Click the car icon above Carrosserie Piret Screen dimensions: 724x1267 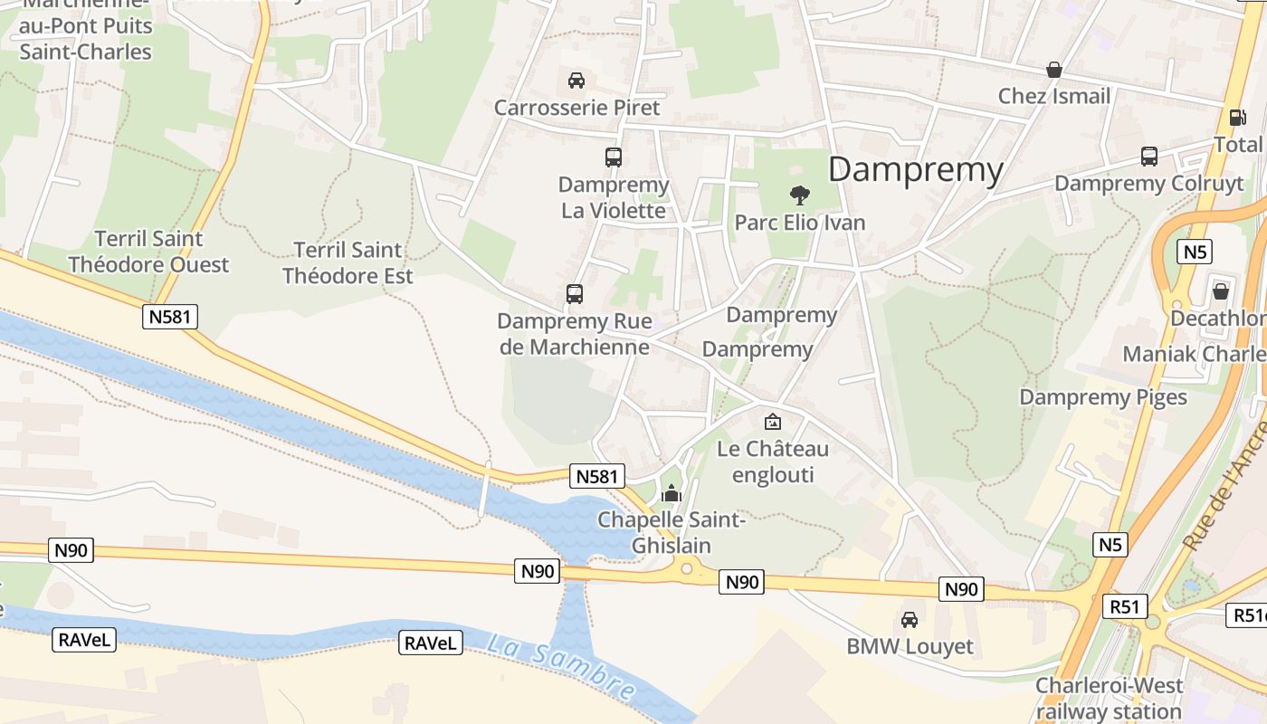click(576, 80)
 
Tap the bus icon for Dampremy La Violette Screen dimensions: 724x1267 click(614, 157)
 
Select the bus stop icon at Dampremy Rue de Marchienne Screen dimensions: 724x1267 click(575, 293)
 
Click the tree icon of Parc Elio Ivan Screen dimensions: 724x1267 click(799, 195)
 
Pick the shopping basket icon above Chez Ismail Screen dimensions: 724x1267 click(1053, 70)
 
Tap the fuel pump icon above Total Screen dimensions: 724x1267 click(1236, 117)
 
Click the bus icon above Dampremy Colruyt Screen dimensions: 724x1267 click(1149, 156)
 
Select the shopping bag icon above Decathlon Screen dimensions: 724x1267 click(1221, 291)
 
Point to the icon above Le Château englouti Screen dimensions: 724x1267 click(772, 421)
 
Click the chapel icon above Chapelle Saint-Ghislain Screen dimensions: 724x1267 click(672, 493)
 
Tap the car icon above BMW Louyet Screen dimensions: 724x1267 click(910, 619)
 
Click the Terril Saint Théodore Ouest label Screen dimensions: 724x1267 click(148, 252)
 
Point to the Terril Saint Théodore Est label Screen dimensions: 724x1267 click(348, 262)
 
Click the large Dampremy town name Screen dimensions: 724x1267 click(916, 169)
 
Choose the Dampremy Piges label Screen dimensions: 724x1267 click(1103, 396)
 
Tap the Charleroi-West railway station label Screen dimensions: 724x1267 click(1110, 698)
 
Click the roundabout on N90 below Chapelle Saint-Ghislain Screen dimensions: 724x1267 click(687, 568)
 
